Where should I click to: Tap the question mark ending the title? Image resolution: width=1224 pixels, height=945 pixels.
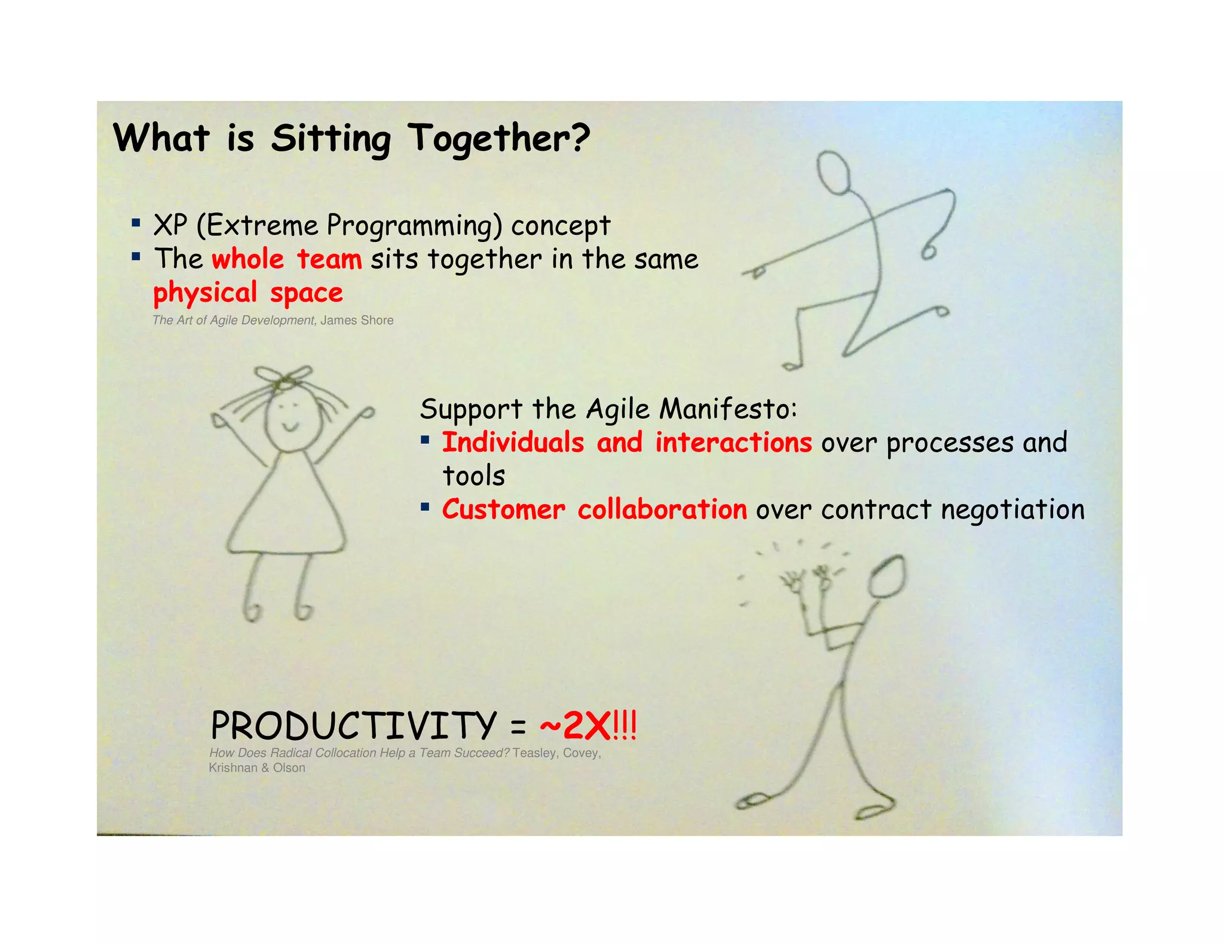coord(579,137)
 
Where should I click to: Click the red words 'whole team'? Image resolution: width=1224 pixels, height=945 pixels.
coord(287,259)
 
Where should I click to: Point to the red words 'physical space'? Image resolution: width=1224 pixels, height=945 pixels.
coord(248,293)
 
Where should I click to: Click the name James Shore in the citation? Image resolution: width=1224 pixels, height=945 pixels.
coord(357,320)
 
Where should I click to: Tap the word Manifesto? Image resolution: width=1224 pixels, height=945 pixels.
coord(728,409)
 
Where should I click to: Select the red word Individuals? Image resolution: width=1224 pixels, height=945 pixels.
coord(513,443)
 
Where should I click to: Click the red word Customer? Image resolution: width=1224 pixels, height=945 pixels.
coord(503,510)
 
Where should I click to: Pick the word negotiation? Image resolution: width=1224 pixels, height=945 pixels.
coord(1012,510)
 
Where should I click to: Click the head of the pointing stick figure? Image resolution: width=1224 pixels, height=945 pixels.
coord(834,171)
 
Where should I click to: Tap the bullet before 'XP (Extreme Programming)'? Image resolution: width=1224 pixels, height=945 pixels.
coord(136,223)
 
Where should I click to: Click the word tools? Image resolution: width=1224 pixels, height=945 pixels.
coord(474,476)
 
